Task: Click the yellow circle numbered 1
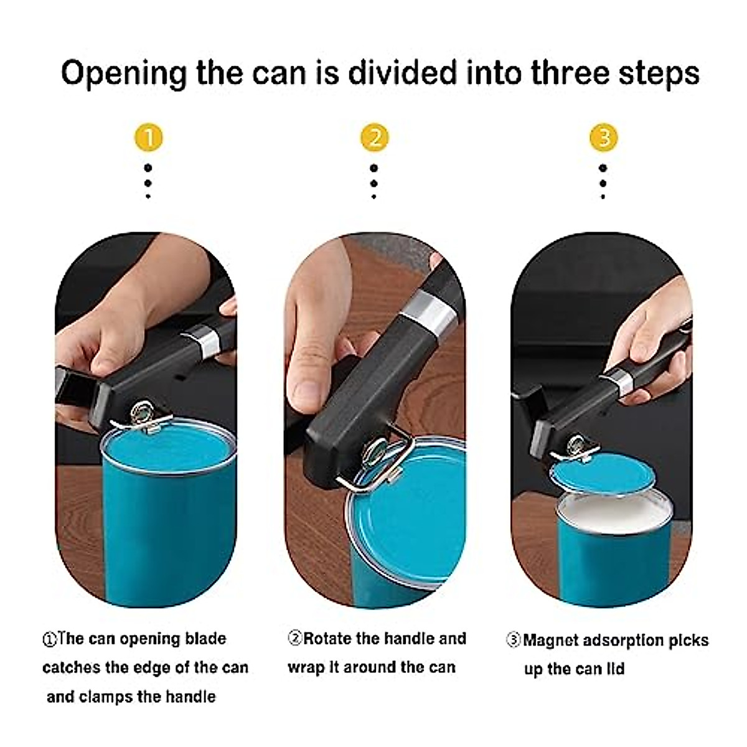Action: tap(148, 137)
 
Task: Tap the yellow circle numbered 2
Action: tap(374, 137)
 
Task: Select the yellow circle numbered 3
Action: tap(603, 137)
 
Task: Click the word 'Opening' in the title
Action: tap(123, 73)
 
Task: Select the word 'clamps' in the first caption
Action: tap(106, 696)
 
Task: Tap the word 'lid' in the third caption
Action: tap(615, 669)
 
